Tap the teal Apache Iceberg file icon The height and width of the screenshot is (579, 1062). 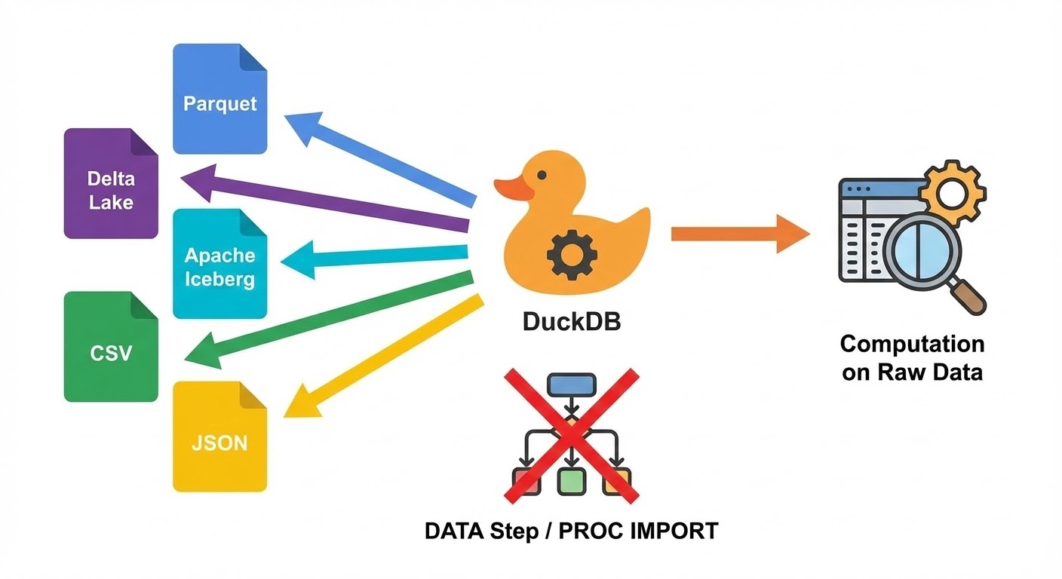click(x=219, y=265)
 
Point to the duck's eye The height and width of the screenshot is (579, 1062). click(x=541, y=175)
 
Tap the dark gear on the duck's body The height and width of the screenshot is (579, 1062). click(x=572, y=254)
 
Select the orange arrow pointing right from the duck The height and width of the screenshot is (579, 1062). click(x=739, y=234)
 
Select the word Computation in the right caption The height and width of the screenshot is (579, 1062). click(x=912, y=345)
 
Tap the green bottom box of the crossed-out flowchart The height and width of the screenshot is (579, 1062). click(x=572, y=480)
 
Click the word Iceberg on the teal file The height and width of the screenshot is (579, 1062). click(x=219, y=280)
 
